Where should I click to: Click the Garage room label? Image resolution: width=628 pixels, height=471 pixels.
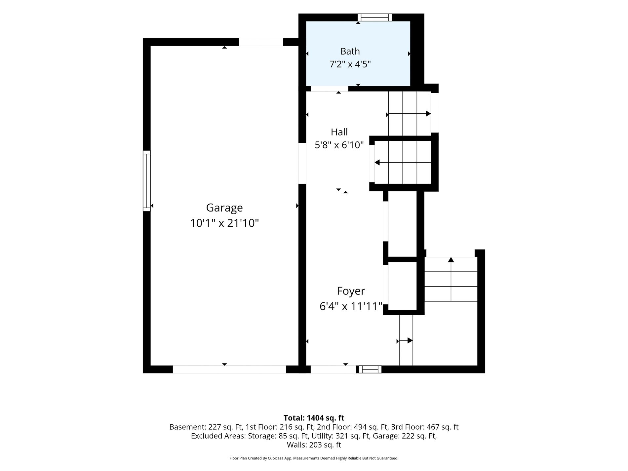pyautogui.click(x=224, y=208)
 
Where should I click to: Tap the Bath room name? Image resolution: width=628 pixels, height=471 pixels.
pyautogui.click(x=350, y=51)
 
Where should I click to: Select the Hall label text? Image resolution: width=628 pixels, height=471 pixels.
pyautogui.click(x=339, y=132)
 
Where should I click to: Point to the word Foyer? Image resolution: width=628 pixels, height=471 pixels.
pyautogui.click(x=351, y=291)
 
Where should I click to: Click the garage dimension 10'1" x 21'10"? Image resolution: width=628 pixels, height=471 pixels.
pyautogui.click(x=224, y=223)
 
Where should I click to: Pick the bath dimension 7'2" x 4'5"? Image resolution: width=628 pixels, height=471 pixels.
pyautogui.click(x=350, y=64)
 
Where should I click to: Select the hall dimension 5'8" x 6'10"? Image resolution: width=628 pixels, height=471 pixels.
pyautogui.click(x=339, y=145)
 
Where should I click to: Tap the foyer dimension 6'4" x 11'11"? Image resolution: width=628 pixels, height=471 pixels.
pyautogui.click(x=351, y=306)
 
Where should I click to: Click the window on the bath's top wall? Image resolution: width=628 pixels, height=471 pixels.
pyautogui.click(x=374, y=18)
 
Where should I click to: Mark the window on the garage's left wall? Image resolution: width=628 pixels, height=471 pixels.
pyautogui.click(x=147, y=181)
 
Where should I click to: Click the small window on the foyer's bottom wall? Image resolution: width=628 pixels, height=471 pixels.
pyautogui.click(x=370, y=369)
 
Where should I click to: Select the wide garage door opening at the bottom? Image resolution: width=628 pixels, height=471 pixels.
pyautogui.click(x=229, y=369)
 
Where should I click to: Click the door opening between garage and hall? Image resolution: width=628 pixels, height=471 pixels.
pyautogui.click(x=302, y=163)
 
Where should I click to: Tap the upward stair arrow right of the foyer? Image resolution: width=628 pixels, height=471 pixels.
pyautogui.click(x=451, y=279)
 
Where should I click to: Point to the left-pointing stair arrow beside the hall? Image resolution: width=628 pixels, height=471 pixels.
pyautogui.click(x=403, y=163)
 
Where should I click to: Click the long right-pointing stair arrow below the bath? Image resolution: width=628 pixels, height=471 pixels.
pyautogui.click(x=409, y=114)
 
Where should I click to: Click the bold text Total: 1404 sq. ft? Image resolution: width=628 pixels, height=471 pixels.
pyautogui.click(x=314, y=418)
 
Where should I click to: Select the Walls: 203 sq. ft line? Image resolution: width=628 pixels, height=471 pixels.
pyautogui.click(x=314, y=445)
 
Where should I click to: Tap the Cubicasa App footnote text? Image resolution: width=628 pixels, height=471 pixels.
pyautogui.click(x=314, y=458)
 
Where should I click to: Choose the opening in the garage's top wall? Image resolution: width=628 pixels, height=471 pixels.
pyautogui.click(x=261, y=42)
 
